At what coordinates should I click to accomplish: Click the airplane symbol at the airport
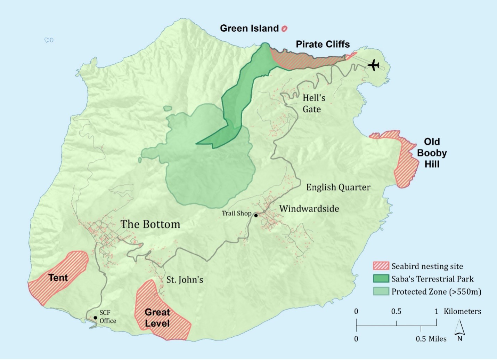pos(374,65)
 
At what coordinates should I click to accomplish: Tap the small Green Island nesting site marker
pos(284,29)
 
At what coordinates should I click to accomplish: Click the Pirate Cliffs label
pos(323,45)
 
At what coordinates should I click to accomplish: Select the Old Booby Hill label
pos(432,153)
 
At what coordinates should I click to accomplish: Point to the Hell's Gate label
pos(313,103)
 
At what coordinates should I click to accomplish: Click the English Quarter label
pos(338,187)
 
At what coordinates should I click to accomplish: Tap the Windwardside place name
pos(309,209)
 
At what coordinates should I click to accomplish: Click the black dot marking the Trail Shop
pos(256,216)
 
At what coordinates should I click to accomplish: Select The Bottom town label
pos(150,224)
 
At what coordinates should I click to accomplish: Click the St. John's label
pos(185,280)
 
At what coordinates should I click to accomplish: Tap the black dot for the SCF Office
pos(95,318)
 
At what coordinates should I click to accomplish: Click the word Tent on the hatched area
pos(58,278)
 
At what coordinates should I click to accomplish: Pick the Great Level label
pos(157,318)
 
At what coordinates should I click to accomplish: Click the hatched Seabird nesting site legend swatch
pos(381,266)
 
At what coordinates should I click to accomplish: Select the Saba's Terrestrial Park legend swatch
pos(381,279)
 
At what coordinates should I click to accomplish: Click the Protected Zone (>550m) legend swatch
pos(381,291)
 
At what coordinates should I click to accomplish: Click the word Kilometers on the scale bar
pos(462,311)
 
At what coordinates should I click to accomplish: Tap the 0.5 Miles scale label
pos(431,339)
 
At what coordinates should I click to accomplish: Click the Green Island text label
pos(249,29)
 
